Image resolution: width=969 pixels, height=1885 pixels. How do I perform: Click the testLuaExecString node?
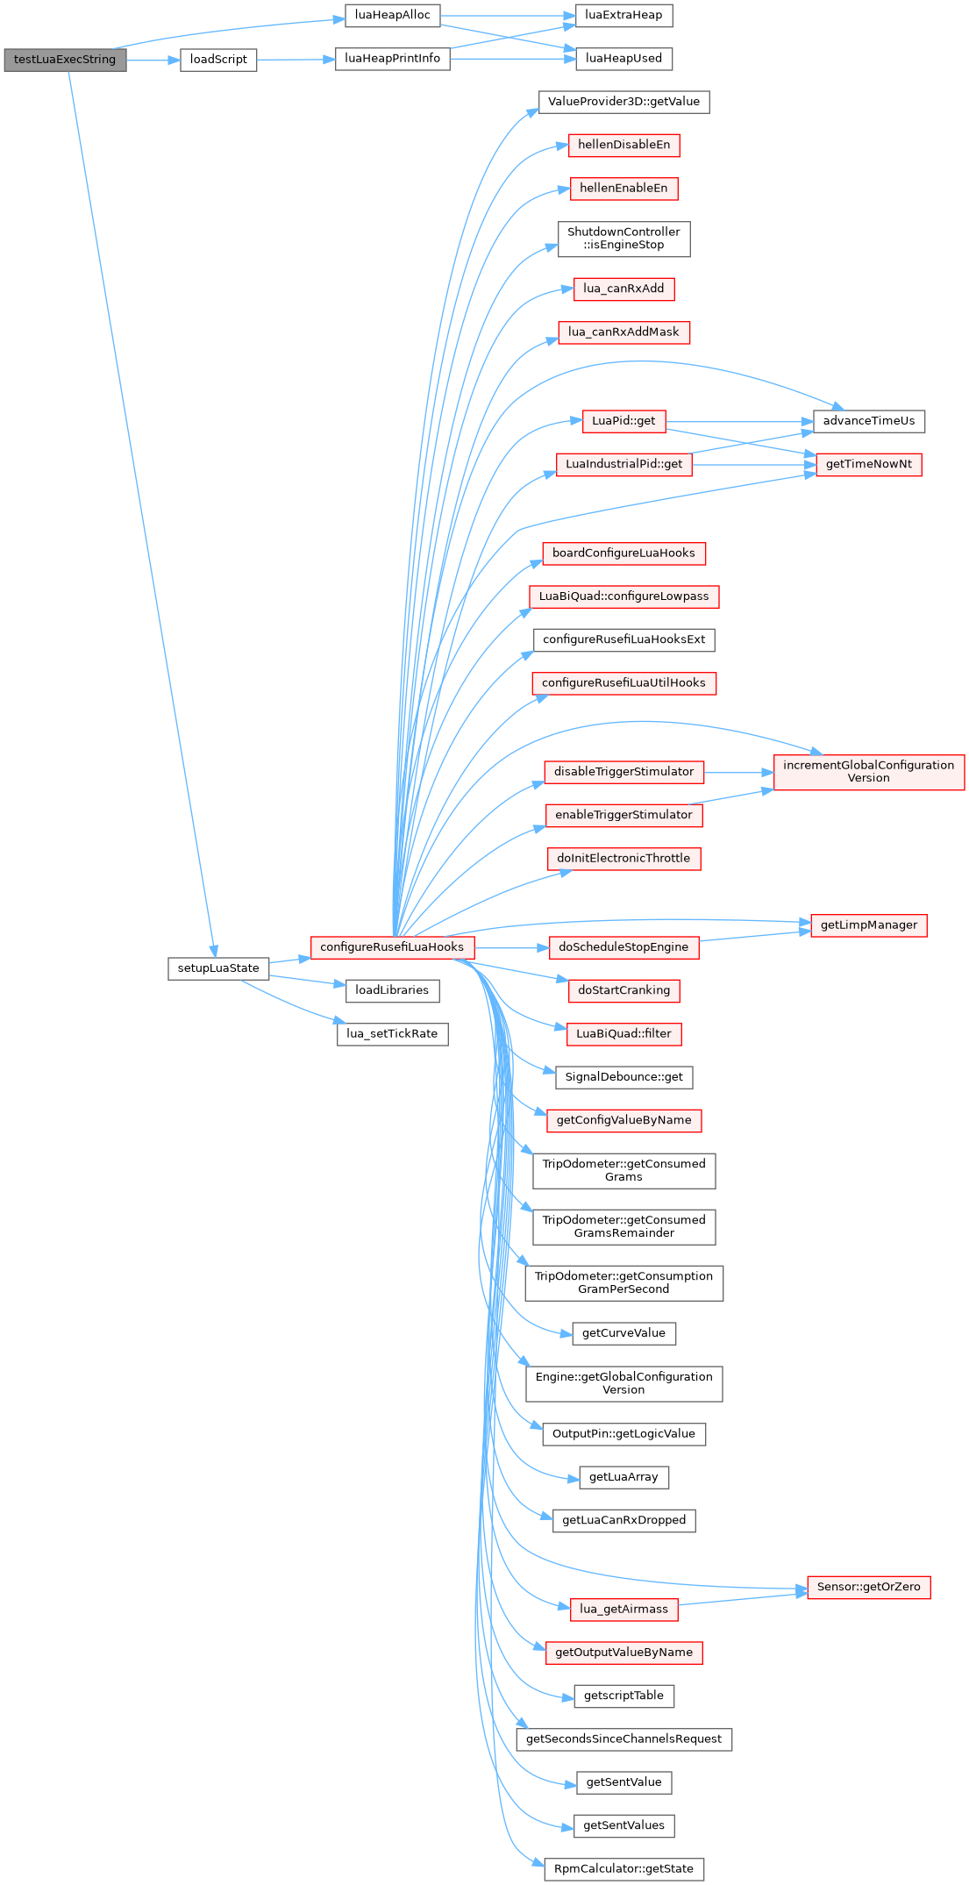tap(65, 60)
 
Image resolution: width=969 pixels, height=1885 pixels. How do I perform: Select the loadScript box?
tap(218, 60)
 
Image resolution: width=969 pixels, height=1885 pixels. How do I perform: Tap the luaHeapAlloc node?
tap(392, 16)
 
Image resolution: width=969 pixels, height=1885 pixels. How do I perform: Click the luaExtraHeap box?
tap(623, 16)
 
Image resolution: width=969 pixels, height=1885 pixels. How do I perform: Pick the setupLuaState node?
tap(218, 968)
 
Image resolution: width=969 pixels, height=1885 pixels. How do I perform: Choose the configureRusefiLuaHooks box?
tap(392, 947)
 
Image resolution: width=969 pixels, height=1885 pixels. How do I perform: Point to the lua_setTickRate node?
tap(392, 1034)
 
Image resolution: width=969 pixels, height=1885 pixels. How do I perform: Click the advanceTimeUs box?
tap(868, 421)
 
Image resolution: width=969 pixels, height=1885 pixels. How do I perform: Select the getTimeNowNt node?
tap(868, 464)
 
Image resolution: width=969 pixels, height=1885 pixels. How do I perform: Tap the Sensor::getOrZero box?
tap(868, 1587)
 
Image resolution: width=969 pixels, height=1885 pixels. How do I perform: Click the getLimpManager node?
tap(868, 925)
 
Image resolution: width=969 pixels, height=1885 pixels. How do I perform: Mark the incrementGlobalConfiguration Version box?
tap(868, 772)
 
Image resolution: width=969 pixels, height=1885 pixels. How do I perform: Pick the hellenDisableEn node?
tap(623, 145)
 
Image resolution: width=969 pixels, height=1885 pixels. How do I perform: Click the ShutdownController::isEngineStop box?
tap(623, 239)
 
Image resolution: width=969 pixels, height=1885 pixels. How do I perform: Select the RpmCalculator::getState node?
tap(623, 1869)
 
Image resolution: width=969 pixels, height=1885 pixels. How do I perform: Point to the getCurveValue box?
tap(623, 1333)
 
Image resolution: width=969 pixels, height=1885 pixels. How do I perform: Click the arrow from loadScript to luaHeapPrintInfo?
tap(296, 60)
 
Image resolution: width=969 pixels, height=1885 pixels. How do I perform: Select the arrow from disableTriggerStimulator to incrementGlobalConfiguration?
tap(738, 773)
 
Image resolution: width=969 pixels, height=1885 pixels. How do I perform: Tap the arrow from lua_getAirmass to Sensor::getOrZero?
tap(742, 1600)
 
